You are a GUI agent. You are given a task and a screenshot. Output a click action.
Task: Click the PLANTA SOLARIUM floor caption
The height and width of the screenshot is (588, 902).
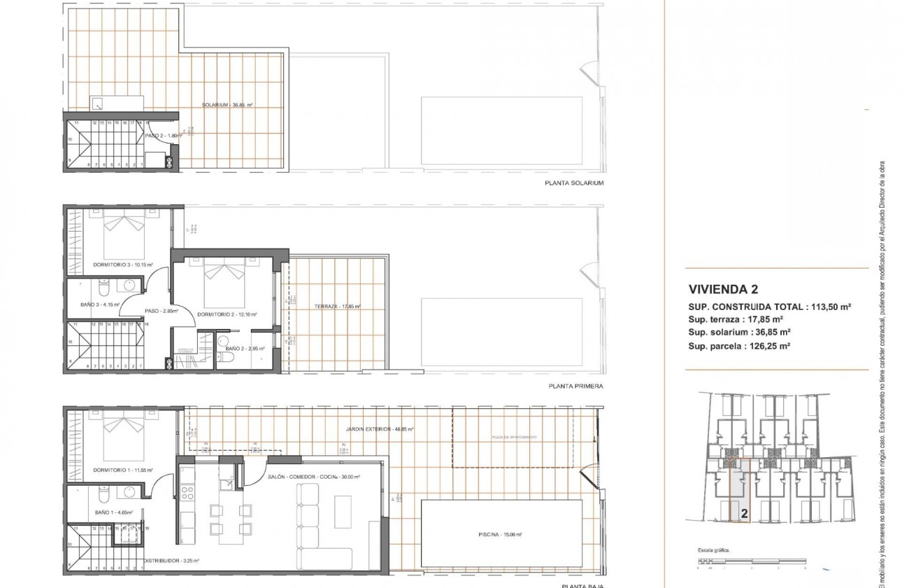point(573,183)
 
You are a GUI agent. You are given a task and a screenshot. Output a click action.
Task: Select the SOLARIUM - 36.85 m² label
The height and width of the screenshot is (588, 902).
point(227,105)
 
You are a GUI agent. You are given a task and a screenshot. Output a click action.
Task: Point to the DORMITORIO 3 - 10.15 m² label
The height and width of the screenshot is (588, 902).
point(123,265)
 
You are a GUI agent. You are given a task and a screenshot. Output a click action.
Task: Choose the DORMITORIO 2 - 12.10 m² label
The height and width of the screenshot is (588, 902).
point(227,314)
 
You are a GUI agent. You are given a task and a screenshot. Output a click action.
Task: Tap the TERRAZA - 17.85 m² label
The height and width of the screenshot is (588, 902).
point(336,307)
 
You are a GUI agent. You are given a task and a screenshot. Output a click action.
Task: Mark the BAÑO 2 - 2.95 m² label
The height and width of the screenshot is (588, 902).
point(244,347)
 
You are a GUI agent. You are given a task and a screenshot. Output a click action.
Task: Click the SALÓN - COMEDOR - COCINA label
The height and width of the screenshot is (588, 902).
point(313,477)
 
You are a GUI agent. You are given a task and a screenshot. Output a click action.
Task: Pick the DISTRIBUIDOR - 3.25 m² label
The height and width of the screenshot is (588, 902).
point(171,561)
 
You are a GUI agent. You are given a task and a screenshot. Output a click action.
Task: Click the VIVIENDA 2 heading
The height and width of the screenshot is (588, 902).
point(723,288)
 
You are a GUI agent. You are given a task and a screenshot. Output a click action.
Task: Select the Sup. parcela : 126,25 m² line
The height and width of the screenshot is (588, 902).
point(739,346)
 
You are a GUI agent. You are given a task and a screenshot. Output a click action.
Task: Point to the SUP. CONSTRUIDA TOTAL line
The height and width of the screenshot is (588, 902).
point(769,307)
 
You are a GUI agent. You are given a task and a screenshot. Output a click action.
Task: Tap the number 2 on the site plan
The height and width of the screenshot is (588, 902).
point(744,513)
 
